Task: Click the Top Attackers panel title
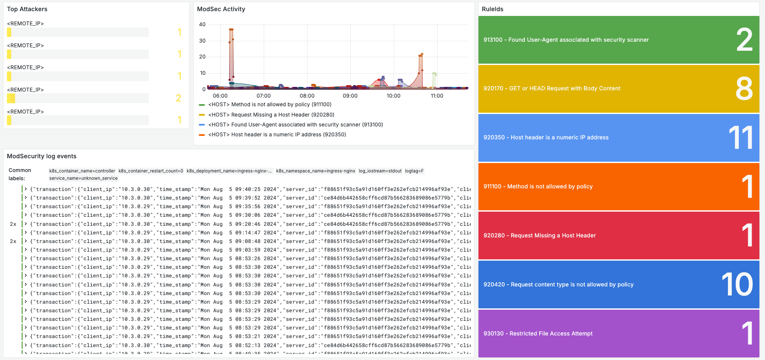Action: coord(27,9)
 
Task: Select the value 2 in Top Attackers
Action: coord(179,98)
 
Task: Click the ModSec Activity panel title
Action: coord(221,9)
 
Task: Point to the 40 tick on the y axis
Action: coord(202,25)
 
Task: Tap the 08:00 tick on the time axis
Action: coord(307,96)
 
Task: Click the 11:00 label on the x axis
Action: coord(437,96)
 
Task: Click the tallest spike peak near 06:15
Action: coord(231,29)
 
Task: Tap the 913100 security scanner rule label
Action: coord(566,40)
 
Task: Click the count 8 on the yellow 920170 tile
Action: coord(744,89)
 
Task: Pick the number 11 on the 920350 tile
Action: coord(740,138)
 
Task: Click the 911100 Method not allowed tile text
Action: coord(538,187)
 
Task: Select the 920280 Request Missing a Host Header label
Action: coord(540,236)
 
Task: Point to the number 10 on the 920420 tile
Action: coord(737,285)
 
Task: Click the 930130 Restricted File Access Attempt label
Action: coord(538,334)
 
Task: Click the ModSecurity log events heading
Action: coord(42,157)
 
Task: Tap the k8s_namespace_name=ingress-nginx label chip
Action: coord(315,171)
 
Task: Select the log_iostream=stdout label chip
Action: coord(380,171)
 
